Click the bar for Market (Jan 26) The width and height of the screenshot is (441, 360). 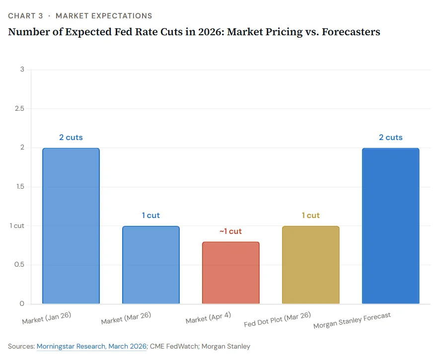click(71, 226)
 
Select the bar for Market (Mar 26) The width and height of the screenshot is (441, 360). click(151, 265)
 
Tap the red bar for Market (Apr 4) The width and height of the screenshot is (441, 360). click(230, 273)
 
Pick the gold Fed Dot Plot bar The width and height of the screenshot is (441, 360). click(310, 265)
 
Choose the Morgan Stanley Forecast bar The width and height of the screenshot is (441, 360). click(390, 226)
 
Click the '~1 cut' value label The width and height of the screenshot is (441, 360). click(230, 231)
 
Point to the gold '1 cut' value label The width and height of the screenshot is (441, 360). click(310, 216)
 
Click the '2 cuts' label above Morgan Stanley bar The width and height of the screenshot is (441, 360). click(390, 137)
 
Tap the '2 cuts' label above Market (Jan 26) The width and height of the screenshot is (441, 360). click(71, 137)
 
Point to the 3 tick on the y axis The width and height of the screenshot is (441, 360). click(22, 69)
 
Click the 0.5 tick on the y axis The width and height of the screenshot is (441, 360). click(18, 265)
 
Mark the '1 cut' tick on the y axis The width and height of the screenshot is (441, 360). click(17, 225)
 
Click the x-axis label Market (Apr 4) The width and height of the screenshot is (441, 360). click(208, 318)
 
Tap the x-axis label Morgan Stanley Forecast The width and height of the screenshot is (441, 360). click(352, 321)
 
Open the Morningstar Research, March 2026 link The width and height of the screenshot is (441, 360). click(92, 346)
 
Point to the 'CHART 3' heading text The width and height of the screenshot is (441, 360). click(25, 16)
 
